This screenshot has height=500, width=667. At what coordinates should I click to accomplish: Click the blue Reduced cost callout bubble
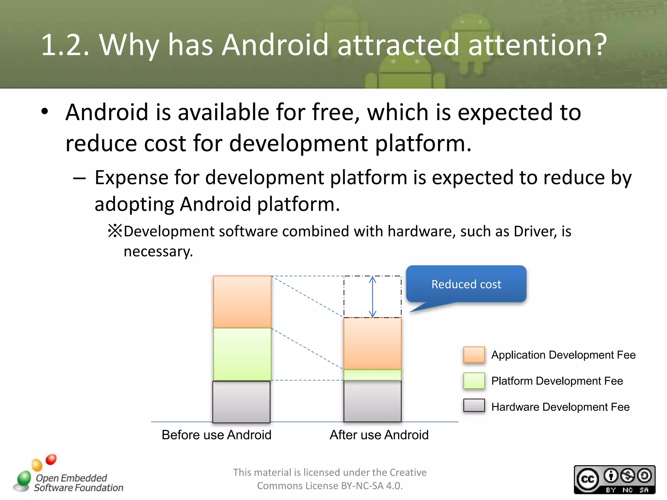[x=466, y=284]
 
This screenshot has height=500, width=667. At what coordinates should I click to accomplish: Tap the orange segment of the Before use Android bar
[x=242, y=302]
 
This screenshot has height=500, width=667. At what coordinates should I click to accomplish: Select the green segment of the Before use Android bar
[x=242, y=354]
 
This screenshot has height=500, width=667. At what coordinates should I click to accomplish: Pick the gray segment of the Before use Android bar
[x=241, y=402]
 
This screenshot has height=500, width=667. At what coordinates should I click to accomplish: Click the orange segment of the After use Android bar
[x=372, y=343]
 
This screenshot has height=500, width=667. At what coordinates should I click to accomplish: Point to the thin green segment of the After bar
[x=372, y=375]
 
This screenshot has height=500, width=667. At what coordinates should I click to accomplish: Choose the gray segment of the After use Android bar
[x=372, y=401]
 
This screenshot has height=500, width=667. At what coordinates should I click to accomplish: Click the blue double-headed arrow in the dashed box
[x=373, y=297]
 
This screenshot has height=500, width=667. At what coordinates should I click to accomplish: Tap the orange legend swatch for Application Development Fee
[x=474, y=355]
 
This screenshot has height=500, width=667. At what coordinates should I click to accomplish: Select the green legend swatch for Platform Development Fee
[x=474, y=381]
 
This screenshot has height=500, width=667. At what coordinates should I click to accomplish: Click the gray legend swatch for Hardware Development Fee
[x=474, y=406]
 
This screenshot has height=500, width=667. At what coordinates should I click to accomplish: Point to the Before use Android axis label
[x=216, y=435]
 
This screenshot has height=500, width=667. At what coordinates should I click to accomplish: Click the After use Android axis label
[x=379, y=435]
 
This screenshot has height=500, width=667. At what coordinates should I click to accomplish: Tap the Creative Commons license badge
[x=614, y=479]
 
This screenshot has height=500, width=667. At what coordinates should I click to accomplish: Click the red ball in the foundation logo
[x=51, y=459]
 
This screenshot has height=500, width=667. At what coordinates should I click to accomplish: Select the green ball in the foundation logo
[x=24, y=478]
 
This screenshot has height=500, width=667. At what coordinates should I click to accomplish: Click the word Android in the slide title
[x=275, y=45]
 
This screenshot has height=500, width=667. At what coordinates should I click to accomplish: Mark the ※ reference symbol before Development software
[x=115, y=231]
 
